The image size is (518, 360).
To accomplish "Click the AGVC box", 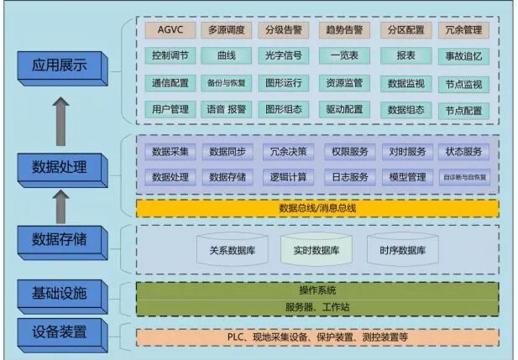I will point(170,30).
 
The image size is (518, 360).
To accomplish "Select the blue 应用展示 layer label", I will point(60,65).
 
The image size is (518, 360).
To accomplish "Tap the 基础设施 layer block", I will point(60,293).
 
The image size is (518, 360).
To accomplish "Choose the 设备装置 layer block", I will point(60,330).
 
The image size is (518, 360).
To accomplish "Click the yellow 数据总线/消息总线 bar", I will point(317,208).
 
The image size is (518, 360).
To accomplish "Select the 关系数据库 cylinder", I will point(233,250).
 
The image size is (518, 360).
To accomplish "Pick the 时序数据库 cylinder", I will point(401,250).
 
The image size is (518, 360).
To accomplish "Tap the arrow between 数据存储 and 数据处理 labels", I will point(60,206).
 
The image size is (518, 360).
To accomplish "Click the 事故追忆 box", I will point(463,57).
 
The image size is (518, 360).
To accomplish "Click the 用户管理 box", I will point(170,109).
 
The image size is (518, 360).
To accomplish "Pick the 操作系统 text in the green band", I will point(317,290).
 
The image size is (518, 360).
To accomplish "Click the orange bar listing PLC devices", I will point(317,337).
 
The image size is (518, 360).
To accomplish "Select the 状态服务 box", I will point(463,152).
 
